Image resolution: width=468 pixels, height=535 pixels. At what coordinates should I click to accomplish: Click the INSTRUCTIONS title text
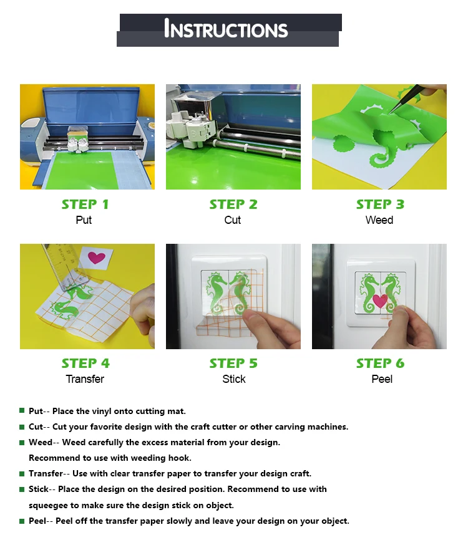pyautogui.click(x=226, y=29)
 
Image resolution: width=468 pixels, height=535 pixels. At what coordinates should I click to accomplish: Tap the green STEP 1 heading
pyautogui.click(x=85, y=205)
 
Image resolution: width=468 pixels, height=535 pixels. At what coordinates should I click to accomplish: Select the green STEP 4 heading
pyautogui.click(x=85, y=364)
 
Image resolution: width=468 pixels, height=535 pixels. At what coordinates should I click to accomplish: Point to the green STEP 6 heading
pyautogui.click(x=380, y=364)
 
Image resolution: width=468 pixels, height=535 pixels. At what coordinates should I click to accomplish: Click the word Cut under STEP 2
pyautogui.click(x=233, y=220)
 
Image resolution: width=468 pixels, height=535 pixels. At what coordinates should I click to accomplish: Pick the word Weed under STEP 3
pyautogui.click(x=379, y=220)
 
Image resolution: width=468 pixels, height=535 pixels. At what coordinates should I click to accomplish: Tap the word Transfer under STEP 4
pyautogui.click(x=85, y=379)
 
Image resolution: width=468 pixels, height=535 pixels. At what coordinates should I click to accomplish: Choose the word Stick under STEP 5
pyautogui.click(x=234, y=379)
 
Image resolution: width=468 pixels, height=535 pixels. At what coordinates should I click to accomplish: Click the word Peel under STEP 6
pyautogui.click(x=382, y=379)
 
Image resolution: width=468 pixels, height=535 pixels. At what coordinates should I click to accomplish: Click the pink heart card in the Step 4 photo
pyautogui.click(x=96, y=258)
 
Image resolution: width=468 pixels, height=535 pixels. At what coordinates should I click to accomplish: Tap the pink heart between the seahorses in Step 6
pyautogui.click(x=380, y=301)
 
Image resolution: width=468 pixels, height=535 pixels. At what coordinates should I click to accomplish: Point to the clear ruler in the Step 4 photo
pyautogui.click(x=65, y=267)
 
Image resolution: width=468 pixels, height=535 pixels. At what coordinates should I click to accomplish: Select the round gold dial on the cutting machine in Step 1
pyautogui.click(x=150, y=123)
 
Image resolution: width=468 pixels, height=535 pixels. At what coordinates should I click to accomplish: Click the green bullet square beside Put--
pyautogui.click(x=22, y=410)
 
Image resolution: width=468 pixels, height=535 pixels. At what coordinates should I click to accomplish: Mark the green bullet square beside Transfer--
pyautogui.click(x=22, y=473)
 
